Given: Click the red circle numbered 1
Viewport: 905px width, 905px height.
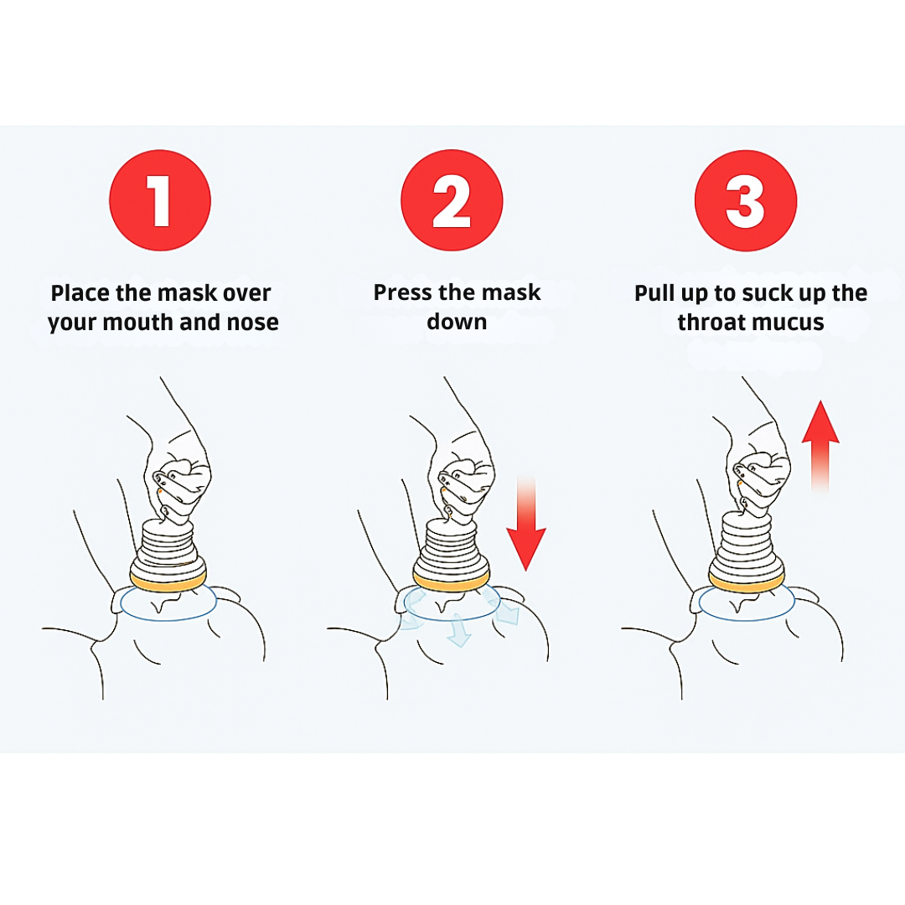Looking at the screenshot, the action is pos(160,200).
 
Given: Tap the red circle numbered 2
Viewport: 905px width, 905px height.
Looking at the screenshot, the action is pos(452,200).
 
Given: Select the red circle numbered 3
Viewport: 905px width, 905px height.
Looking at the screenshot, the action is pos(746,200).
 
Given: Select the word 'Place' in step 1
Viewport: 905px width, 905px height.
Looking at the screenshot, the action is pos(80,292).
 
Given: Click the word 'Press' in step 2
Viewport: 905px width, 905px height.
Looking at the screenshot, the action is pos(402,292).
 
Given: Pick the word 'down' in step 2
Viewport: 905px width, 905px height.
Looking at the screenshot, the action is pos(457,322).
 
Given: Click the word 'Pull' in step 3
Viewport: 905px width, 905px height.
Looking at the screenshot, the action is pos(654,292).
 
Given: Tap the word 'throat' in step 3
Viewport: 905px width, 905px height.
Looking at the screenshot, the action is pos(710,322).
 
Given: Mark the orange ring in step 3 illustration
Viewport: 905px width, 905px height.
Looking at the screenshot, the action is pos(747,582).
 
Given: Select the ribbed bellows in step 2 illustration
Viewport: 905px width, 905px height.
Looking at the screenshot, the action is pos(452,546).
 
